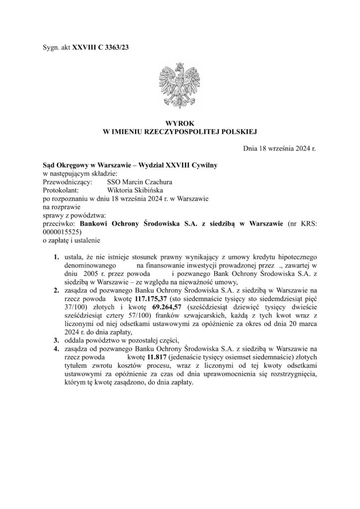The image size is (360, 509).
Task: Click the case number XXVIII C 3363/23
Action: click(x=103, y=47)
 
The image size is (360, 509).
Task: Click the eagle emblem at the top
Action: click(x=179, y=85)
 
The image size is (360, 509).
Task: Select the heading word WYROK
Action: click(x=180, y=123)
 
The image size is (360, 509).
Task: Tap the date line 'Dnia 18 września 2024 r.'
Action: click(x=280, y=148)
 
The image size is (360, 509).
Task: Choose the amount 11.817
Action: click(x=137, y=357)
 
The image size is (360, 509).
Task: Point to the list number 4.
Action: click(x=56, y=349)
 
